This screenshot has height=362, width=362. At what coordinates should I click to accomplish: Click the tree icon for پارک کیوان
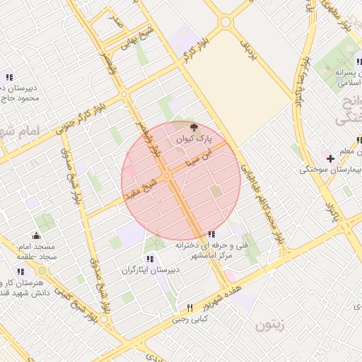pyautogui.click(x=194, y=127)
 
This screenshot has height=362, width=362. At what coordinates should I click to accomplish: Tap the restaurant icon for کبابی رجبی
pyautogui.click(x=189, y=308)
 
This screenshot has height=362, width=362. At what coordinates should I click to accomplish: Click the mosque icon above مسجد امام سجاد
pyautogui.click(x=37, y=236)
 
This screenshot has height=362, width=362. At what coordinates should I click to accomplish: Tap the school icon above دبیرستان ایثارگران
pyautogui.click(x=151, y=259)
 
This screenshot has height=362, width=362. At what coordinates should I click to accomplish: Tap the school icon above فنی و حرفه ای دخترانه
pyautogui.click(x=211, y=235)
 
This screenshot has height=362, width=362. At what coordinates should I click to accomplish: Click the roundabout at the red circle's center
pyautogui.click(x=168, y=176)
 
